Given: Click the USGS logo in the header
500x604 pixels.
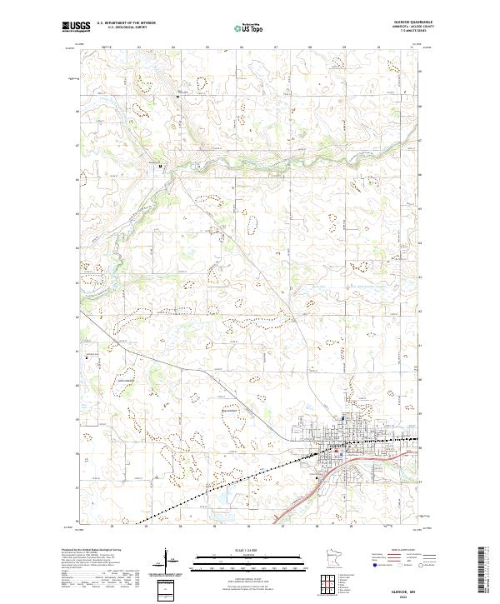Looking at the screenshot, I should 77,27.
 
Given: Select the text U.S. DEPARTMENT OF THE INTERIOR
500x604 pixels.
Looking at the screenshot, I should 126,23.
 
